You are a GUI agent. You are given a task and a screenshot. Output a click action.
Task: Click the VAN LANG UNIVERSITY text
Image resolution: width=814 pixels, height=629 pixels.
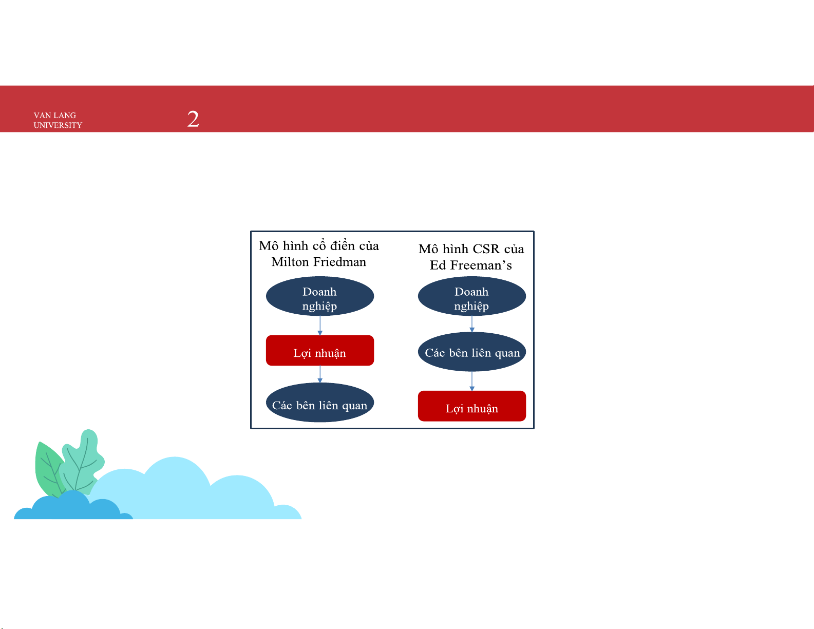click(58, 120)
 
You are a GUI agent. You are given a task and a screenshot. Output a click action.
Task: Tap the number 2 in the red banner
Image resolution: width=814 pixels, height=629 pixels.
click(193, 119)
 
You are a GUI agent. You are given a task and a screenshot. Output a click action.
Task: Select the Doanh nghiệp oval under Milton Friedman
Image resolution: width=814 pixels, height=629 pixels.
click(320, 296)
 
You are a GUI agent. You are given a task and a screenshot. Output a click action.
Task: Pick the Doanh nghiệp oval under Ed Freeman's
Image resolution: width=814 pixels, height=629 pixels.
click(472, 296)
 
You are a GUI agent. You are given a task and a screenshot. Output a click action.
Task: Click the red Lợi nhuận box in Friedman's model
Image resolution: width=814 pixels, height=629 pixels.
click(320, 350)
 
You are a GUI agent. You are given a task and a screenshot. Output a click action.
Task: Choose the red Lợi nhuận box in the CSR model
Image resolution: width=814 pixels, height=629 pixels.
click(472, 406)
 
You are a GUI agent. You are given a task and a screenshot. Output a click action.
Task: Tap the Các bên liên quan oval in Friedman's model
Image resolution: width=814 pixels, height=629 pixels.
click(320, 403)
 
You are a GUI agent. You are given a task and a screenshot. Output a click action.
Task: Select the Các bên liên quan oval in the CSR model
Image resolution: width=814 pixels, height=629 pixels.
click(472, 352)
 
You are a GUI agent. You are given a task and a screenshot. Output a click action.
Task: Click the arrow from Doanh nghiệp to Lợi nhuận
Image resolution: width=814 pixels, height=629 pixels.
click(320, 326)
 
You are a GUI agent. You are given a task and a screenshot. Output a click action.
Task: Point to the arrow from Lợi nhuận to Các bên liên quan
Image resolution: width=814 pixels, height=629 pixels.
click(320, 374)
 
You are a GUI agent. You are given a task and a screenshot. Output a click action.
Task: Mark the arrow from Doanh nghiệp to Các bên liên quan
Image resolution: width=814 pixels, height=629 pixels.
click(472, 324)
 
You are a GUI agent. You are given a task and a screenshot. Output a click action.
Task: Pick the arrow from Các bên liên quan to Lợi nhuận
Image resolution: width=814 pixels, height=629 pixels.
click(472, 382)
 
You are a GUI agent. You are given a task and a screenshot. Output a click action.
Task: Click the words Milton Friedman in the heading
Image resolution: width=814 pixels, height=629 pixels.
click(319, 262)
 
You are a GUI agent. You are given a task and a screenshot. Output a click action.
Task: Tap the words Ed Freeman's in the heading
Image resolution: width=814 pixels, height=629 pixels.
click(471, 265)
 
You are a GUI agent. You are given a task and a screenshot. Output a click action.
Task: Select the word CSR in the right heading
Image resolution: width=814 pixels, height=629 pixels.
click(486, 249)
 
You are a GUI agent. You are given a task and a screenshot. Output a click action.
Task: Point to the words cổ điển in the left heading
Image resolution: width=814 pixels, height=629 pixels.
click(333, 245)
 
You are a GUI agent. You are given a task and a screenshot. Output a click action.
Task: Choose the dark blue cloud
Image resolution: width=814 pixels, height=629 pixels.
click(73, 507)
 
